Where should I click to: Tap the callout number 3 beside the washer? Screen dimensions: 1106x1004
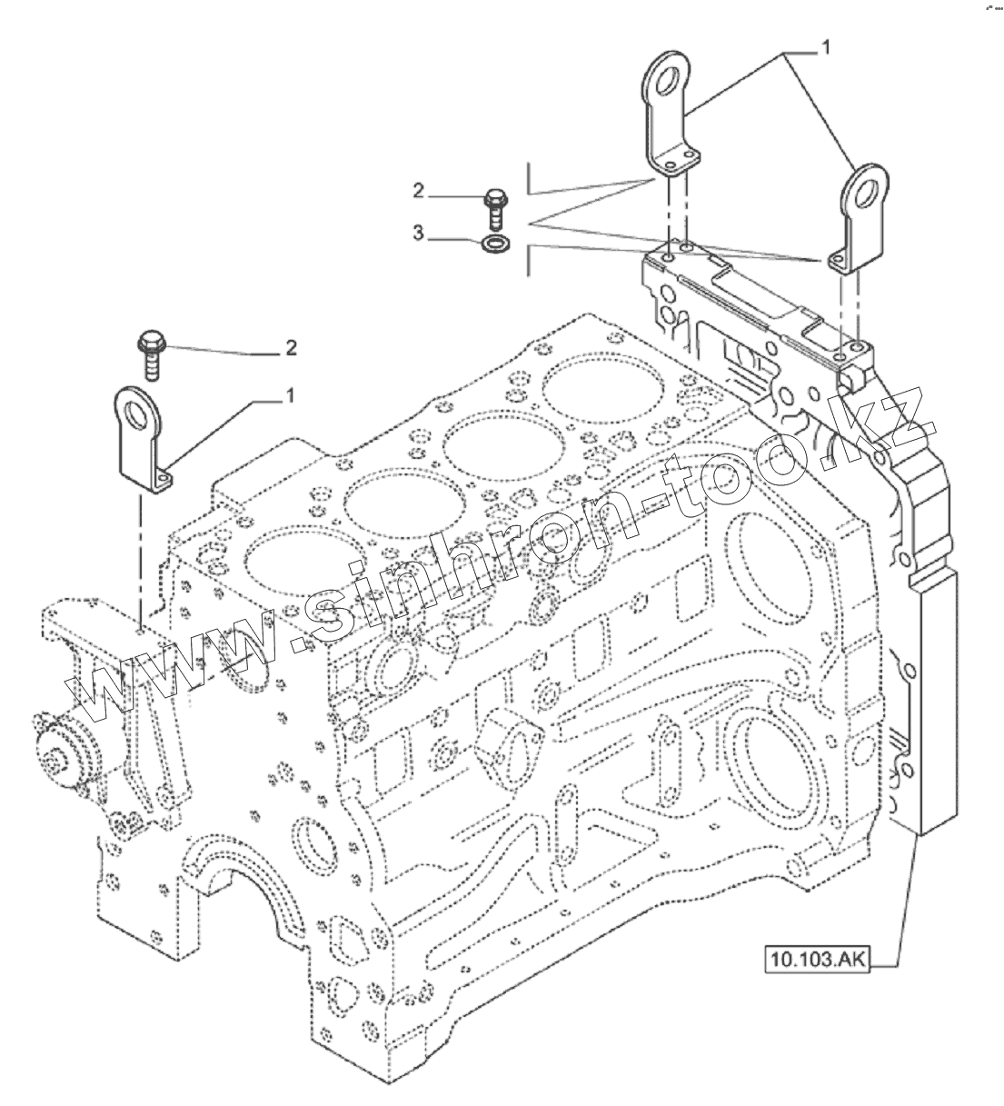coord(419,234)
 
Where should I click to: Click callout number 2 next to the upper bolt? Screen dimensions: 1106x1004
coord(419,191)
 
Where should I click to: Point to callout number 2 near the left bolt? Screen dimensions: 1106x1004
coord(290,346)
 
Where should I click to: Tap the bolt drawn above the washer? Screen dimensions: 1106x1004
coord(496,208)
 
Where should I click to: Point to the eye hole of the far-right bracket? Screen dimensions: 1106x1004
coord(865,193)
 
